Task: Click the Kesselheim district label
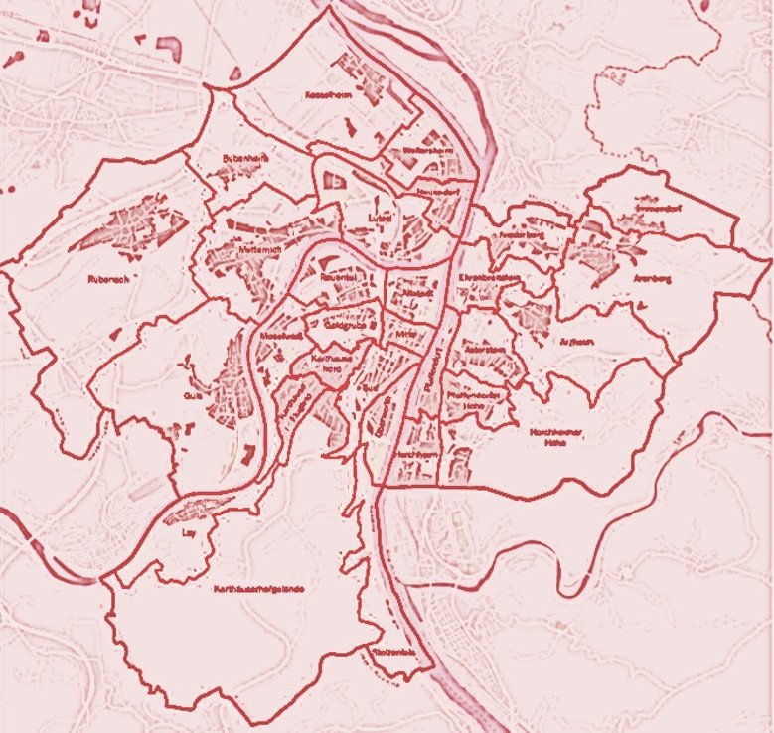tap(325, 95)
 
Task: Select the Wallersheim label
tap(428, 152)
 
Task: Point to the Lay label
tap(189, 532)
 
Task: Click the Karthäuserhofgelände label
tap(257, 589)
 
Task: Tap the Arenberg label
tap(652, 280)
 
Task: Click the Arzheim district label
tap(576, 341)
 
